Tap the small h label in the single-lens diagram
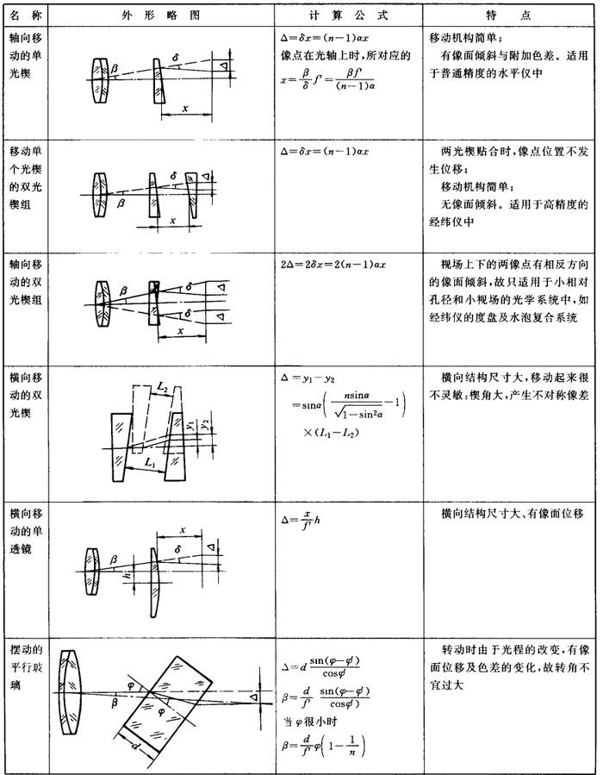[x=125, y=573]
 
